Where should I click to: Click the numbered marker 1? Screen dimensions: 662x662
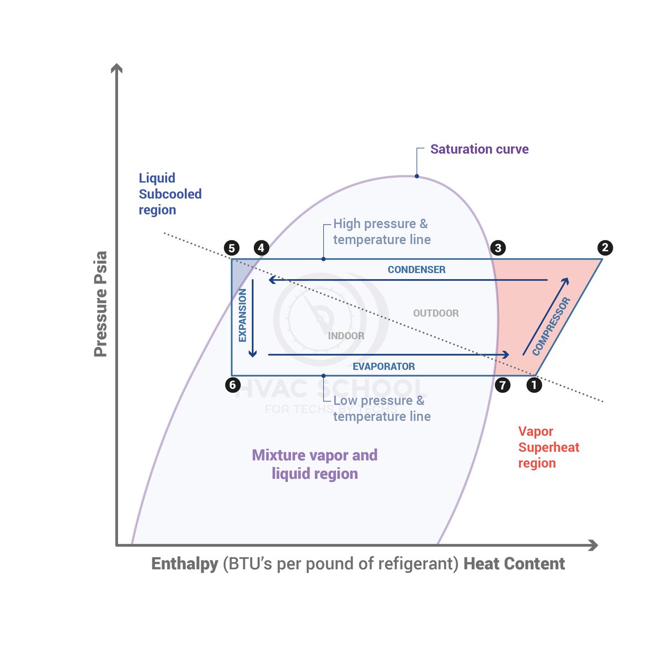tap(534, 385)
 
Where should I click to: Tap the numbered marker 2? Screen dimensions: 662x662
tap(605, 248)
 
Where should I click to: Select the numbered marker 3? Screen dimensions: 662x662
tap(498, 248)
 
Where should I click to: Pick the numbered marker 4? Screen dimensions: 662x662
tap(261, 248)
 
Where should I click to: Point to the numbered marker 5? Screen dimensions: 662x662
tap(232, 248)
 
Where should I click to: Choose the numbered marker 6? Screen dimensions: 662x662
tap(233, 385)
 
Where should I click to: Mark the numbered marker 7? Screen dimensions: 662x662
tap(502, 385)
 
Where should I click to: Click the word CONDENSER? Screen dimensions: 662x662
tap(417, 270)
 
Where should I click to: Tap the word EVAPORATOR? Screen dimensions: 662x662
tap(384, 366)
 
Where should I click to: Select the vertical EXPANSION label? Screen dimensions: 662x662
tap(243, 316)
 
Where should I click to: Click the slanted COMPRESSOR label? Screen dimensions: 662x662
tap(551, 327)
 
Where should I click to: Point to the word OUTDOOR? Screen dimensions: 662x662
tap(436, 313)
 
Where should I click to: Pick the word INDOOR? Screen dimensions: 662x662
tap(346, 335)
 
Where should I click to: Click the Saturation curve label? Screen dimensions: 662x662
tap(479, 149)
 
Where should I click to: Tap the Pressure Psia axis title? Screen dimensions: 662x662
tap(100, 304)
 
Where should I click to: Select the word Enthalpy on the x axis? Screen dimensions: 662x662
tap(185, 564)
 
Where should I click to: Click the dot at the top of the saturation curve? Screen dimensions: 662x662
tap(417, 176)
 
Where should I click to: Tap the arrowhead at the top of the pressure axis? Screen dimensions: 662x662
tap(116, 68)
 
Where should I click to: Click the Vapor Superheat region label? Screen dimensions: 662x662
tap(548, 447)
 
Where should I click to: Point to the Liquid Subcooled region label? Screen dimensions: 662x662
tap(170, 194)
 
